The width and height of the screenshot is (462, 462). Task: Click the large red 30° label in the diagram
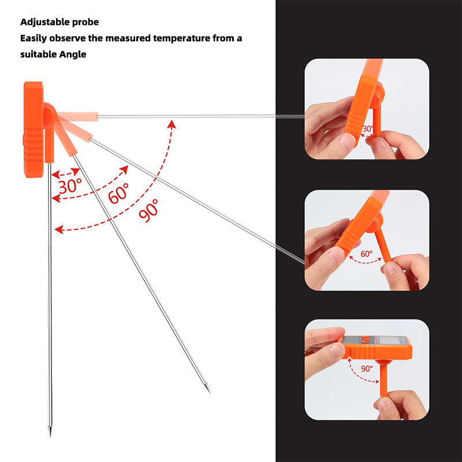70,185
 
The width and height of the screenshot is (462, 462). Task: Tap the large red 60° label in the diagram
118,193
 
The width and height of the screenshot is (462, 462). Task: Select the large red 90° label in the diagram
148,210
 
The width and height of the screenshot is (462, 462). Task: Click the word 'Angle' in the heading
73,54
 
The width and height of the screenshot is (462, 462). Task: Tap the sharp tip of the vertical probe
50,435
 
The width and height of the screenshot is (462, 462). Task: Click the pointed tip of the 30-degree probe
210,392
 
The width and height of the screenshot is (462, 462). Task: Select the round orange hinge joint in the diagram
49,115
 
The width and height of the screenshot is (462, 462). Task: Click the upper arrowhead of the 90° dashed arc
172,124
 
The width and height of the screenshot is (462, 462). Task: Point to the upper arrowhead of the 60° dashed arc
125,169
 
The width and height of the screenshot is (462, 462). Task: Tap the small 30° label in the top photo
368,129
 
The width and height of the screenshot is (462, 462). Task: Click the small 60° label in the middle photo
367,254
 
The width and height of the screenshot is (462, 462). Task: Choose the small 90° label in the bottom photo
367,368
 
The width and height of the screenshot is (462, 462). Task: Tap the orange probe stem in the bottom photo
383,379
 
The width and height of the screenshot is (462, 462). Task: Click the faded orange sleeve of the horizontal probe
77,117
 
